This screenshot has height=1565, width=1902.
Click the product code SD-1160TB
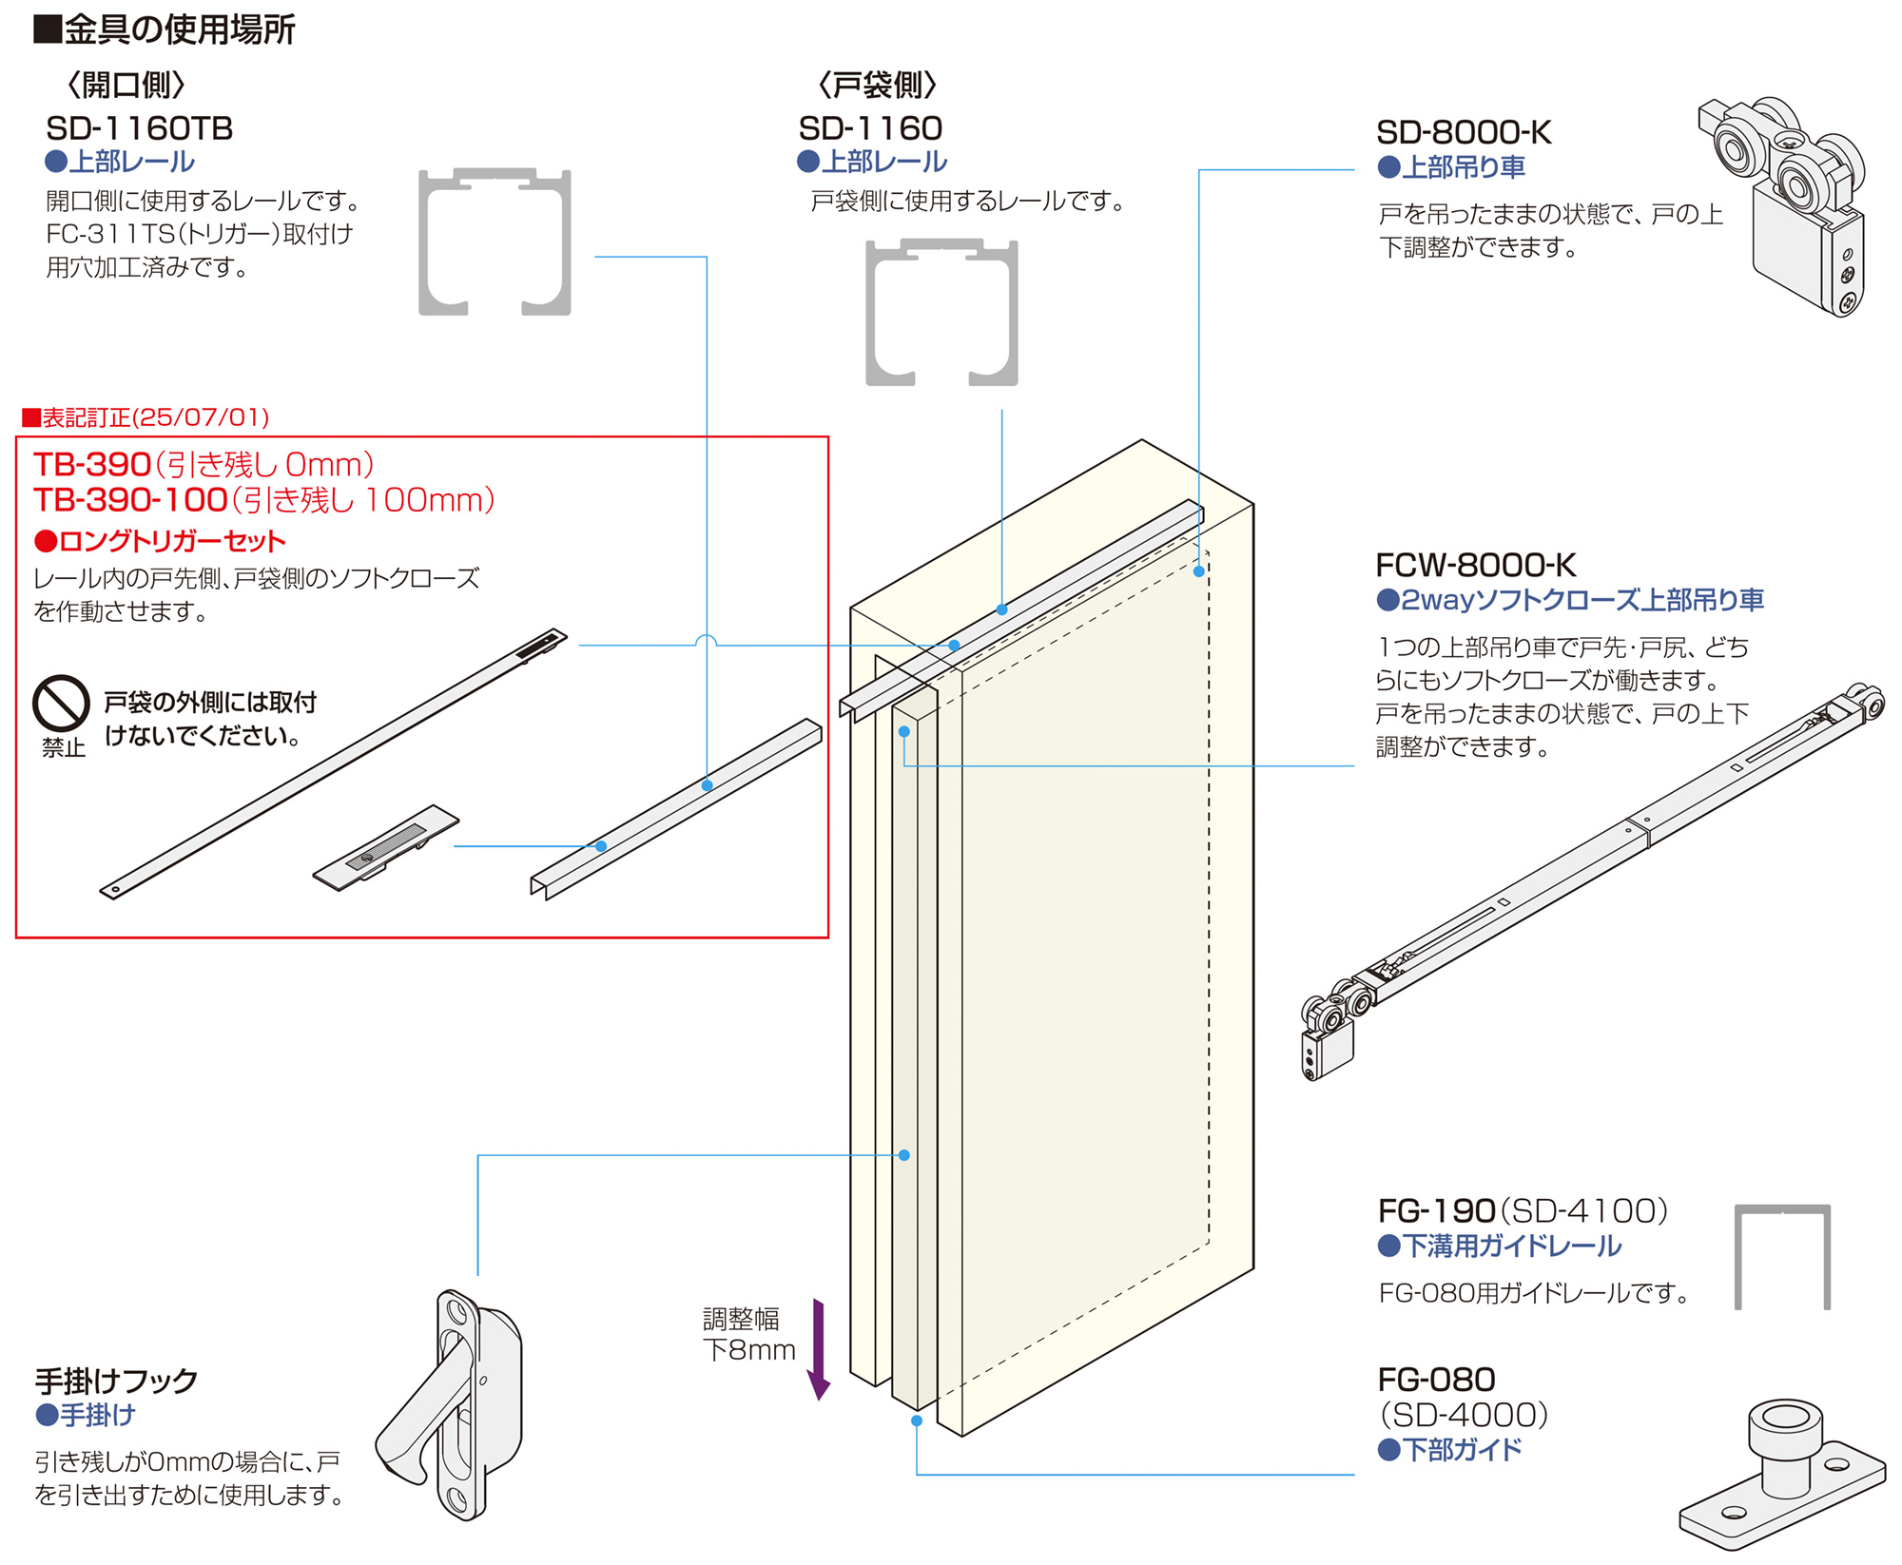pyautogui.click(x=139, y=128)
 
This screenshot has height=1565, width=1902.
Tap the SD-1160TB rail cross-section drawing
pyautogui.click(x=495, y=242)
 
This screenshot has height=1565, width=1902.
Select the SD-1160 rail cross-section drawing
pyautogui.click(x=941, y=313)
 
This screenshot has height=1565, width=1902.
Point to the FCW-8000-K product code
pyautogui.click(x=1475, y=566)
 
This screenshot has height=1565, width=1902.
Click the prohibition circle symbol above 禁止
pyautogui.click(x=61, y=704)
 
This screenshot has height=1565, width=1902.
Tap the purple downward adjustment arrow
pyautogui.click(x=818, y=1349)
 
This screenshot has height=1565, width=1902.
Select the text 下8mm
pyautogui.click(x=748, y=1350)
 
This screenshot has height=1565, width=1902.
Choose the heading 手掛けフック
pyautogui.click(x=116, y=1380)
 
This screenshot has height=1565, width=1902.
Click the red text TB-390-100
pyautogui.click(x=130, y=500)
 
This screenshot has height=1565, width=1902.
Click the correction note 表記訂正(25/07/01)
pyautogui.click(x=146, y=417)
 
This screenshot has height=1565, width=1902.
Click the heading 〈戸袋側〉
pyautogui.click(x=876, y=86)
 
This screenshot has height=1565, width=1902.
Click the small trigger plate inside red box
pyautogui.click(x=385, y=848)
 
